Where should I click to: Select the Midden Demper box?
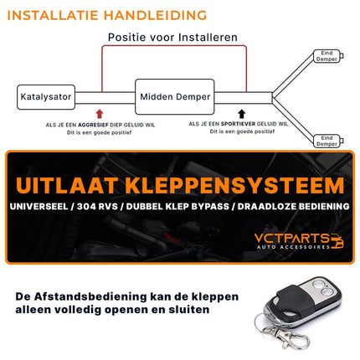(173, 96)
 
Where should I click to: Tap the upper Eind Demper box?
(327, 56)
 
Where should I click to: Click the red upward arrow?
(101, 115)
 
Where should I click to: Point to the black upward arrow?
(243, 115)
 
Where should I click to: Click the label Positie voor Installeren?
(172, 38)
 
